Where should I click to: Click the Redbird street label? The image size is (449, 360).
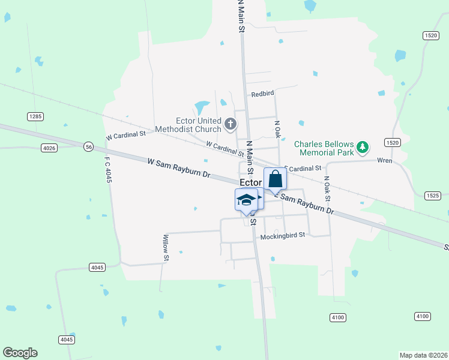[x=262, y=94]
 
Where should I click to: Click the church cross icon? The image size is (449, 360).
[x=230, y=125]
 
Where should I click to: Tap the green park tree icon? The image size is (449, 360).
[x=362, y=146]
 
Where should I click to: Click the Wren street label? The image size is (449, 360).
[x=384, y=160]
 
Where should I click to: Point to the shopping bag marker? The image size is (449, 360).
[x=275, y=179]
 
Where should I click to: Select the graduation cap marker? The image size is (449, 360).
[x=246, y=200]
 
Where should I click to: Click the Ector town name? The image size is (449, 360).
[x=251, y=182]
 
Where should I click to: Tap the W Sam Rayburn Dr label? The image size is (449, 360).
[x=179, y=168]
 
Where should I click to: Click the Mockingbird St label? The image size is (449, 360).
[x=283, y=236]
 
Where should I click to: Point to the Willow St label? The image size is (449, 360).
[x=166, y=248]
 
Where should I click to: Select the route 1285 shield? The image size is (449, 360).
[x=35, y=115]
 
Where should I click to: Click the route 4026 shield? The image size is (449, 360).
[x=49, y=148]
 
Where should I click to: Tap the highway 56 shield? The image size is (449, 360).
[x=88, y=146]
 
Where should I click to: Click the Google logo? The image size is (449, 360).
[x=20, y=353]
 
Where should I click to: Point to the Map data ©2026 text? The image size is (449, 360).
[x=423, y=355]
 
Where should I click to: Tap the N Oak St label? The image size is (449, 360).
[x=327, y=188]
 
